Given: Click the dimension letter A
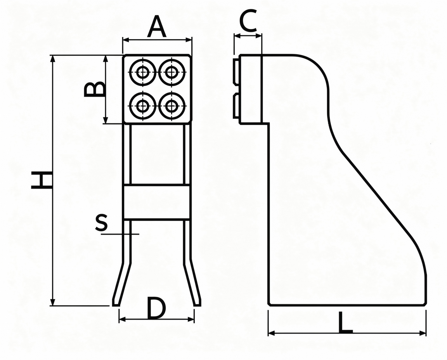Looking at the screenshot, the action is [x=157, y=27].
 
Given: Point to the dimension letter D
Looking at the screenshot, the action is [x=156, y=308].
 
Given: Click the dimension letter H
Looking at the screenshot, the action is [x=42, y=180].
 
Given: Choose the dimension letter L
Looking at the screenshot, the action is [x=345, y=322].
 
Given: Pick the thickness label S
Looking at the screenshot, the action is [x=102, y=222].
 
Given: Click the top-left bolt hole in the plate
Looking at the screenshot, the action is [x=142, y=73].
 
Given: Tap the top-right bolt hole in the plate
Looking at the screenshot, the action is [x=172, y=73].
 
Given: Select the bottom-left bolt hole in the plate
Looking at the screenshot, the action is [x=142, y=107].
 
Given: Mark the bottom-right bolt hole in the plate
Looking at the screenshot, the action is [x=172, y=107].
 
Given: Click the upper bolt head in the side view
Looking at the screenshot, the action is [x=236, y=72].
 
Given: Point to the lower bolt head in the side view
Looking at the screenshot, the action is [x=236, y=106].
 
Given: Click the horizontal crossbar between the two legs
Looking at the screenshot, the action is [x=156, y=202].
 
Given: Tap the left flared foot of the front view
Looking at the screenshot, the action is [x=122, y=284].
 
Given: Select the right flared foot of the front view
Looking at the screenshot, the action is [x=192, y=283].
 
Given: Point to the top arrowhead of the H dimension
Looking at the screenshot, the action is [x=52, y=59].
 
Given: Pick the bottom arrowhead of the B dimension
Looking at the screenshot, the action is [x=106, y=120].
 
